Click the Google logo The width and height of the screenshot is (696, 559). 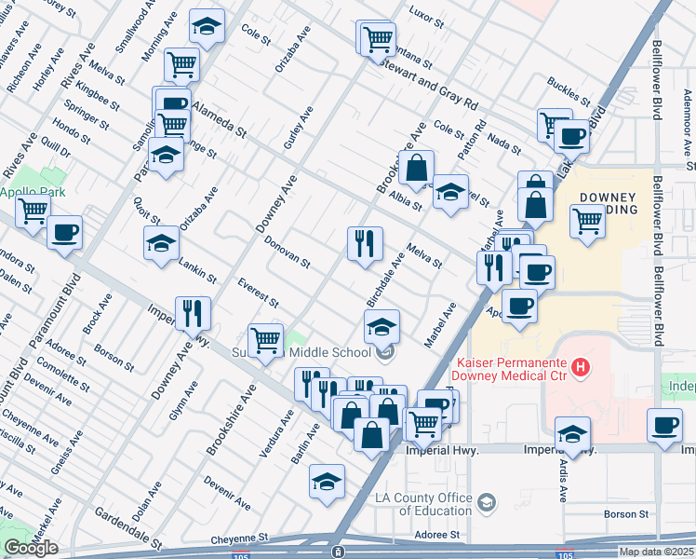31,548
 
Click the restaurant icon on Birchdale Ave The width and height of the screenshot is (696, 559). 366,243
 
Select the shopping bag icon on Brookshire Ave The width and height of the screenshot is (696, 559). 418,168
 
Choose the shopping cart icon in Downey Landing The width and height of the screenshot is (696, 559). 587,222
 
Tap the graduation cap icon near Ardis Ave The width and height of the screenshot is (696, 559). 572,433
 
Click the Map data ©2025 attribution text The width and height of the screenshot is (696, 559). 656,552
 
